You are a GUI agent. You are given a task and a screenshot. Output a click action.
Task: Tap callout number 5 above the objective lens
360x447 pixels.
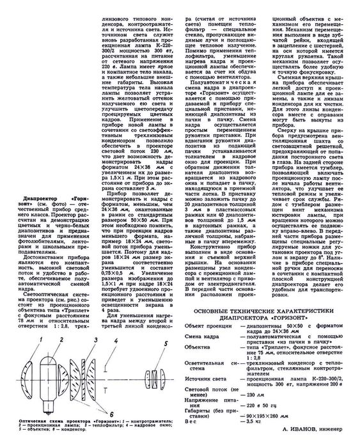coord(165,344)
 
